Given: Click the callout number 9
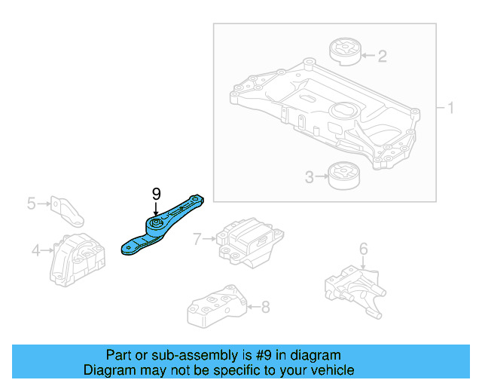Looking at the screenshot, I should coord(157,195).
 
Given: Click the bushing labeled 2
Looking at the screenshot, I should coord(346,54).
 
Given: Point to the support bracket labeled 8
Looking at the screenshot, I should coord(215,308).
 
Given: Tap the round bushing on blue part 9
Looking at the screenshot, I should coord(157,225).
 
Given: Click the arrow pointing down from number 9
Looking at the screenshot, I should coord(157,209).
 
